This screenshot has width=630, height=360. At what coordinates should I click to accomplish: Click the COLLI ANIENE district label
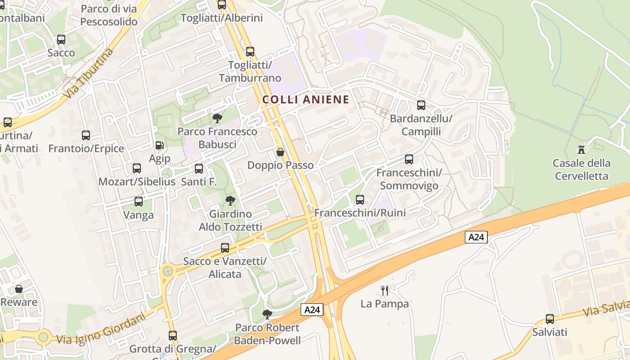(306, 99)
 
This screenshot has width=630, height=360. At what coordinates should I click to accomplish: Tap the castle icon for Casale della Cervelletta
(581, 149)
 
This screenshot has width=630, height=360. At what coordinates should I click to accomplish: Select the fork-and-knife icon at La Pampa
(384, 290)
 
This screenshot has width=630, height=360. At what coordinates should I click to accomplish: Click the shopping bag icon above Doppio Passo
(280, 153)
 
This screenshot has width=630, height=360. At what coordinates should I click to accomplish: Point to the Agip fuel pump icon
(159, 145)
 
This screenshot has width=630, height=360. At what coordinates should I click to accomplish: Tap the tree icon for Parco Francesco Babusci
(217, 118)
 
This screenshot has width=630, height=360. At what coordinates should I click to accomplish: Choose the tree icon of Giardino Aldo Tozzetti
(230, 200)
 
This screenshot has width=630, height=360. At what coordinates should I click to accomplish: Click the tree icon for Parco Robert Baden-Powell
(267, 314)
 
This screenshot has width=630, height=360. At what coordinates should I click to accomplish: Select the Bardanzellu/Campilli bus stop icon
(421, 105)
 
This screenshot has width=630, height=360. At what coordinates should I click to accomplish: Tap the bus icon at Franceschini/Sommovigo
(409, 159)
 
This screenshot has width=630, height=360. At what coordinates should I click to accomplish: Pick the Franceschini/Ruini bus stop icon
(360, 199)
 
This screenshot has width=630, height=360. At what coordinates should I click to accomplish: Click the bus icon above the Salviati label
(550, 319)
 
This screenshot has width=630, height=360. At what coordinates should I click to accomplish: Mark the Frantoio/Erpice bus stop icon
(86, 135)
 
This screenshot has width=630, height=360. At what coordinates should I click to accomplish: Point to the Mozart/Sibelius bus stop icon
(137, 168)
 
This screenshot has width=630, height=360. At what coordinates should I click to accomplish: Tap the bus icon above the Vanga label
(139, 202)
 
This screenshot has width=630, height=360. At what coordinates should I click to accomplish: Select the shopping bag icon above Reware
(19, 288)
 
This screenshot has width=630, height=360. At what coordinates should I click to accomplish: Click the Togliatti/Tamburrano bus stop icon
(250, 52)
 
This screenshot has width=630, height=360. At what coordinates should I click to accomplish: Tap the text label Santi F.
(199, 182)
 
